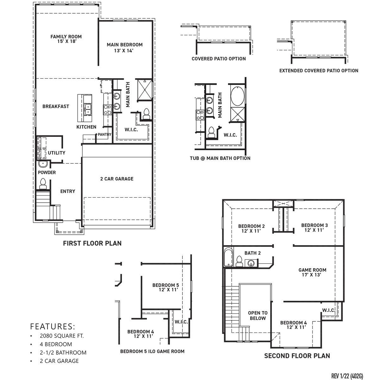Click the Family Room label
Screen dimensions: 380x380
tap(66, 39)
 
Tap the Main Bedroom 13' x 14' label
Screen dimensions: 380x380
tap(124, 47)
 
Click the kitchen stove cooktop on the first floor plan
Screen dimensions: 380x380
tap(107, 110)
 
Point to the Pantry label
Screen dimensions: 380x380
tap(104, 135)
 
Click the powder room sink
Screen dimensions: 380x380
tap(43, 164)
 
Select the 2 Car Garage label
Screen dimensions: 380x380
tap(117, 179)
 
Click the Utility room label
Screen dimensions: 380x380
tap(56, 153)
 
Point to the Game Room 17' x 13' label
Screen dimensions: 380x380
tap(312, 272)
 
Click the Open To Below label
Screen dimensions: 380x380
tap(257, 315)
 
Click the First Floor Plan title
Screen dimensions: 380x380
tap(92, 243)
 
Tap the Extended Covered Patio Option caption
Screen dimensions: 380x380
tap(319, 71)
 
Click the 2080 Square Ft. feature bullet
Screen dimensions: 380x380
tap(62, 336)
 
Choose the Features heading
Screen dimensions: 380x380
tap(53, 326)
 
